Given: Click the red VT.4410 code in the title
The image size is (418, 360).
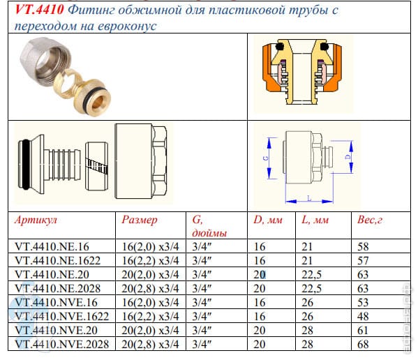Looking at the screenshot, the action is tap(39, 10).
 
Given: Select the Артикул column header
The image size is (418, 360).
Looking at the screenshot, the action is tap(36, 220).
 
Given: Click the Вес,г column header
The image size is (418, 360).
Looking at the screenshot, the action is tap(370, 220).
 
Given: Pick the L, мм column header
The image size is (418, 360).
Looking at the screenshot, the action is tap(315, 220).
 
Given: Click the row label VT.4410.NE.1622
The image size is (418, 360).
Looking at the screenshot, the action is tap(58, 260).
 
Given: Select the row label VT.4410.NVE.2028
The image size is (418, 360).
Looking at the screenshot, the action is tap(62, 344).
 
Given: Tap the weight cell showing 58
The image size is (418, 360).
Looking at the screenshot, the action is tap(363, 246).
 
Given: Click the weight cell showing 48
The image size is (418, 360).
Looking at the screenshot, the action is tap(363, 316).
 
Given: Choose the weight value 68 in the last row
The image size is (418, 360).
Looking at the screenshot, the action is tap(363, 344).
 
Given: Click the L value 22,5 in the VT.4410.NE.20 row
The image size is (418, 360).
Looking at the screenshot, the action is tap(311, 274).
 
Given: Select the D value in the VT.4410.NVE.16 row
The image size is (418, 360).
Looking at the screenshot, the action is tap(260, 303).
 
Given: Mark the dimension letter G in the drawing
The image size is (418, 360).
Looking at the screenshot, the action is tap(266, 158).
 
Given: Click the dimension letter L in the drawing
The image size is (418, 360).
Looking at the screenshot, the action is tap(309, 198).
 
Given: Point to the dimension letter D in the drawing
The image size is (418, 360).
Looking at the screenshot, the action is tap(348, 157).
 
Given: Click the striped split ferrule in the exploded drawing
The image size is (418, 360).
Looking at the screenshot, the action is tap(97, 166).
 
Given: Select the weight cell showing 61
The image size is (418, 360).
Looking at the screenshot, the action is tap(363, 330).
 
